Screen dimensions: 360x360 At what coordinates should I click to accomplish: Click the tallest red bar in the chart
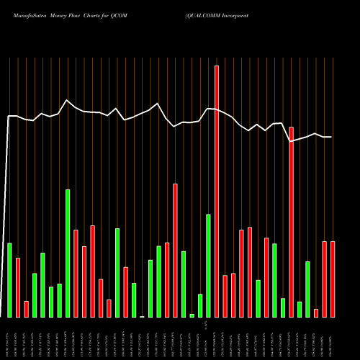pyautogui.click(x=217, y=191)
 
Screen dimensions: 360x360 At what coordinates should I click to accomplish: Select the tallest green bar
pyautogui.click(x=68, y=253)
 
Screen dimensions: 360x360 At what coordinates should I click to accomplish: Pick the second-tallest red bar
pyautogui.click(x=291, y=222)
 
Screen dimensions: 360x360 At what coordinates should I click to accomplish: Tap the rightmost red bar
pyautogui.click(x=333, y=279)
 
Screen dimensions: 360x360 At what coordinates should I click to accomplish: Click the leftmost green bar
pyautogui.click(x=10, y=280)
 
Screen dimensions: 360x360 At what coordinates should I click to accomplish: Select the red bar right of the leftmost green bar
pyautogui.click(x=18, y=287)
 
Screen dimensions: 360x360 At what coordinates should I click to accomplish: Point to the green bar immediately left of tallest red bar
pyautogui.click(x=208, y=265)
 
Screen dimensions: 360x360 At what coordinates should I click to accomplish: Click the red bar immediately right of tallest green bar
pyautogui.click(x=76, y=273)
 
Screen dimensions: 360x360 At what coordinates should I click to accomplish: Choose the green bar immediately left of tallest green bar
pyautogui.click(x=59, y=300)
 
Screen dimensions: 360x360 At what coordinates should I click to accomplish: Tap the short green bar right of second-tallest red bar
pyautogui.click(x=300, y=309)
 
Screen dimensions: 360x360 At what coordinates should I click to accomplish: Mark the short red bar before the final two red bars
pyautogui.click(x=316, y=312)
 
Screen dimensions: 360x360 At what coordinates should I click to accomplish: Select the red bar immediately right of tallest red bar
pyautogui.click(x=225, y=296)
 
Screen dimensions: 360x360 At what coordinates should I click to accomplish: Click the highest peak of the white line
pyautogui.click(x=67, y=100)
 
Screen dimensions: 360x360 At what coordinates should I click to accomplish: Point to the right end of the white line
pyautogui.click(x=331, y=137)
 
